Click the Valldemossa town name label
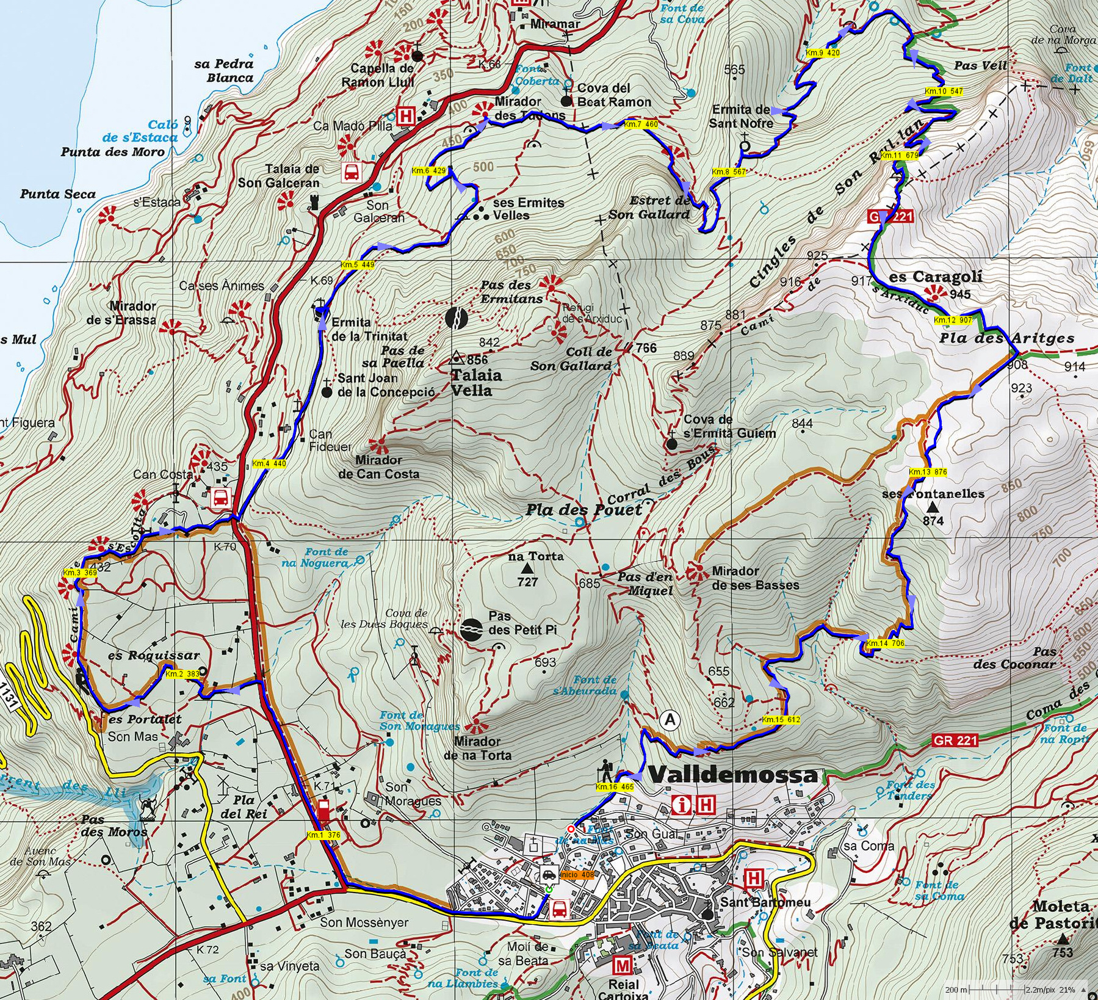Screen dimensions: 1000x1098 pos(732,775)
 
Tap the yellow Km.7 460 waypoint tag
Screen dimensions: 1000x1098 pos(641,125)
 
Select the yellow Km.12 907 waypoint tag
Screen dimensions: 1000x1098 pos(953,320)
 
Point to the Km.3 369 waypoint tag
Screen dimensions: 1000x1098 pos(80,573)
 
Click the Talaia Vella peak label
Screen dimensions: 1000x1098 pos(476,383)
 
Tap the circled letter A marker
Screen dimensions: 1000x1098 pos(670,720)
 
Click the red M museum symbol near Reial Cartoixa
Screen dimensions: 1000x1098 pos(622,965)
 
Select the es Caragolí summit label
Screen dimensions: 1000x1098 pos(935,277)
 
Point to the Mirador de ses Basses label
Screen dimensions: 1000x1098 pos(755,578)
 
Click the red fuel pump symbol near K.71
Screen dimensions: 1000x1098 pos(323,812)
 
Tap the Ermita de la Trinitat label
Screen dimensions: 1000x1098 pos(369,329)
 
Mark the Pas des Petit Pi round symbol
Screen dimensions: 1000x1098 pos(471,629)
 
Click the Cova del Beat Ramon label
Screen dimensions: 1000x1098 pos(614,95)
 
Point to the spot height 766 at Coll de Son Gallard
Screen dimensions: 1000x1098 pos(646,348)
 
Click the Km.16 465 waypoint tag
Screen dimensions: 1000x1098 pos(614,787)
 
